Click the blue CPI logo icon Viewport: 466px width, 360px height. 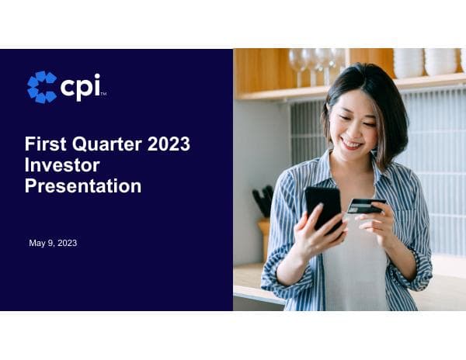pos(42,87)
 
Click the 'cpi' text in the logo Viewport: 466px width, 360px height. pos(80,86)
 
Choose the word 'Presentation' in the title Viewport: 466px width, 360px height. pos(82,186)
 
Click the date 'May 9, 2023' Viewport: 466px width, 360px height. pos(53,243)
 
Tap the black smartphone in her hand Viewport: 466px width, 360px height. pos(322,206)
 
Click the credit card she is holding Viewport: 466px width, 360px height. pos(365,206)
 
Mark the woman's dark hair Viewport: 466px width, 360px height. pos(381,101)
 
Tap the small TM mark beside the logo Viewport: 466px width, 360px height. pos(103,95)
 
